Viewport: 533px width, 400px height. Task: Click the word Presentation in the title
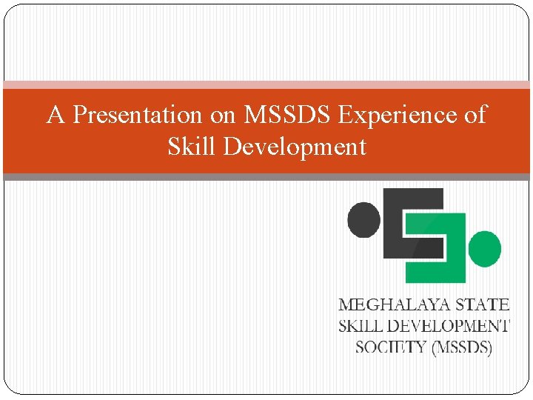coord(137,116)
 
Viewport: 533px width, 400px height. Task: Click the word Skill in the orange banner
coord(192,147)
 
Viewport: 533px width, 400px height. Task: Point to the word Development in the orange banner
coord(295,147)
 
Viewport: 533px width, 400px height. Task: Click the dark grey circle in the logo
coord(363,220)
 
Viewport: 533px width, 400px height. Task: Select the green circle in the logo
coord(485,249)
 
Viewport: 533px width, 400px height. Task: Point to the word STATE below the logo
coord(483,304)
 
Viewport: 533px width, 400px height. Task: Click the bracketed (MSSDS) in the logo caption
coord(460,346)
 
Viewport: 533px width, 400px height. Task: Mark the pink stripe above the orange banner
coord(266,85)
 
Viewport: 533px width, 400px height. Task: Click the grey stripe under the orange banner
coord(266,177)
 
